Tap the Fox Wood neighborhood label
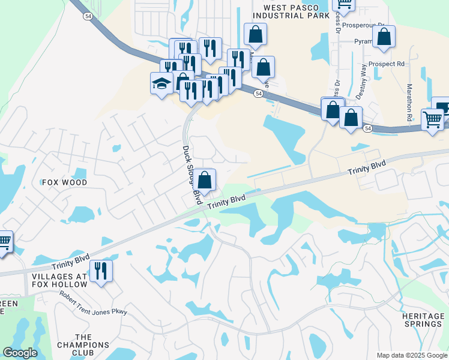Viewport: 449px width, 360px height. [x=64, y=182]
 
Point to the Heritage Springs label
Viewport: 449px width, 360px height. [x=422, y=319]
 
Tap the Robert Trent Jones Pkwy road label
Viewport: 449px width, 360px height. [x=93, y=303]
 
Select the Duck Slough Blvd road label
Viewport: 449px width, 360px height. [x=190, y=173]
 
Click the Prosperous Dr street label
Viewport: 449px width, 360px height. [x=370, y=25]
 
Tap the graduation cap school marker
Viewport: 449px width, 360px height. [x=161, y=83]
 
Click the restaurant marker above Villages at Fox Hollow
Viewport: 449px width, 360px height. [x=100, y=271]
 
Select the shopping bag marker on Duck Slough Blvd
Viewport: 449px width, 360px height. [x=205, y=179]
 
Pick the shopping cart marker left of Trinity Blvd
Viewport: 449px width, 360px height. [x=4, y=242]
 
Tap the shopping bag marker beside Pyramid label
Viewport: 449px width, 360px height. [x=384, y=37]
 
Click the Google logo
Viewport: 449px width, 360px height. [x=20, y=353]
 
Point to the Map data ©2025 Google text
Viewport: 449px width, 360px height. [x=411, y=355]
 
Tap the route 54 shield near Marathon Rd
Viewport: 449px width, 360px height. [x=367, y=129]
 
